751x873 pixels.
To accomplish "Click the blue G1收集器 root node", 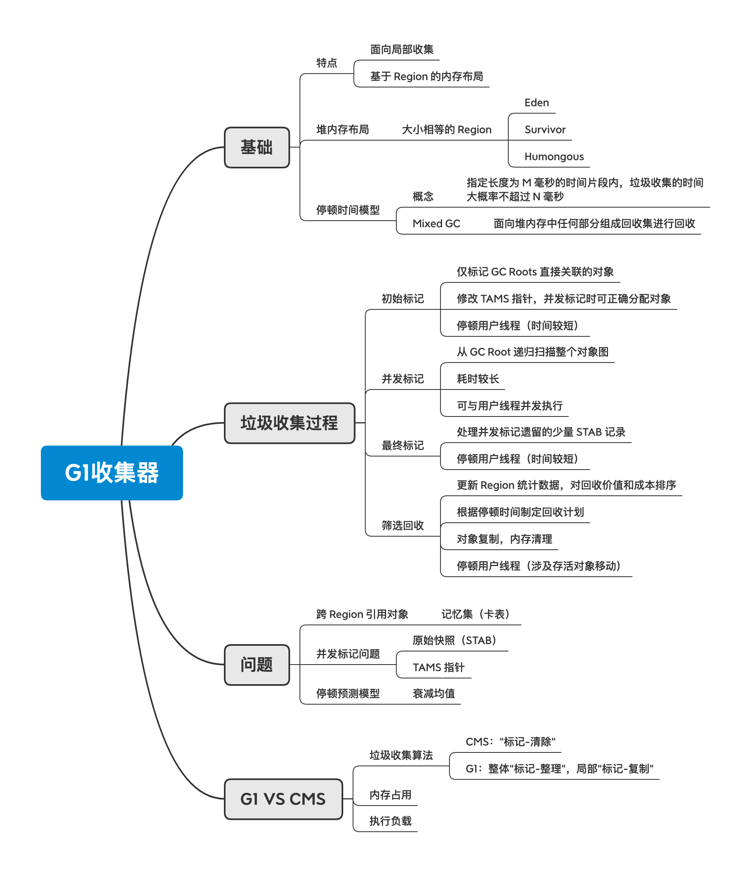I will pyautogui.click(x=112, y=472).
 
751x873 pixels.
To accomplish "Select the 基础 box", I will pyautogui.click(x=257, y=148).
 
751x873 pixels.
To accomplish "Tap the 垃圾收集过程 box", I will pyautogui.click(x=289, y=423).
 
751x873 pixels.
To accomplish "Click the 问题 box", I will pyautogui.click(x=257, y=665).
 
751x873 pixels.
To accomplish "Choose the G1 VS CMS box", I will pyautogui.click(x=283, y=799).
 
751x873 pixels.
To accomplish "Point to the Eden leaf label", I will pyautogui.click(x=536, y=103).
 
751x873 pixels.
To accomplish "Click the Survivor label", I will pyautogui.click(x=545, y=130).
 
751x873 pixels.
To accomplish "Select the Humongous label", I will pyautogui.click(x=554, y=157).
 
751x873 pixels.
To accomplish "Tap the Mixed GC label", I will pyautogui.click(x=436, y=224).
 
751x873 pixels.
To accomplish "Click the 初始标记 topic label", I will pyautogui.click(x=402, y=299).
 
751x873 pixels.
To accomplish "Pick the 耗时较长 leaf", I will pyautogui.click(x=478, y=379).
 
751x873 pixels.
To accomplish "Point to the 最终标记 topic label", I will pyautogui.click(x=402, y=445).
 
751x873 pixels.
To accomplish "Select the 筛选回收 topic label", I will pyautogui.click(x=402, y=526).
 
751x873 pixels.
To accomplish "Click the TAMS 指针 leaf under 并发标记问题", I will pyautogui.click(x=438, y=667).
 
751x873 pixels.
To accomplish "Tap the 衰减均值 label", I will pyautogui.click(x=434, y=694).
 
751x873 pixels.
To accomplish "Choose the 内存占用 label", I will pyautogui.click(x=390, y=795).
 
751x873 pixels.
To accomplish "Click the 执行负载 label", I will pyautogui.click(x=390, y=821).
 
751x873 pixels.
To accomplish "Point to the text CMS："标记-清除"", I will pyautogui.click(x=510, y=742).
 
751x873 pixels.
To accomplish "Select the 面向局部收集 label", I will pyautogui.click(x=401, y=50).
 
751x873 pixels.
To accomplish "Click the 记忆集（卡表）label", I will pyautogui.click(x=476, y=614).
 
